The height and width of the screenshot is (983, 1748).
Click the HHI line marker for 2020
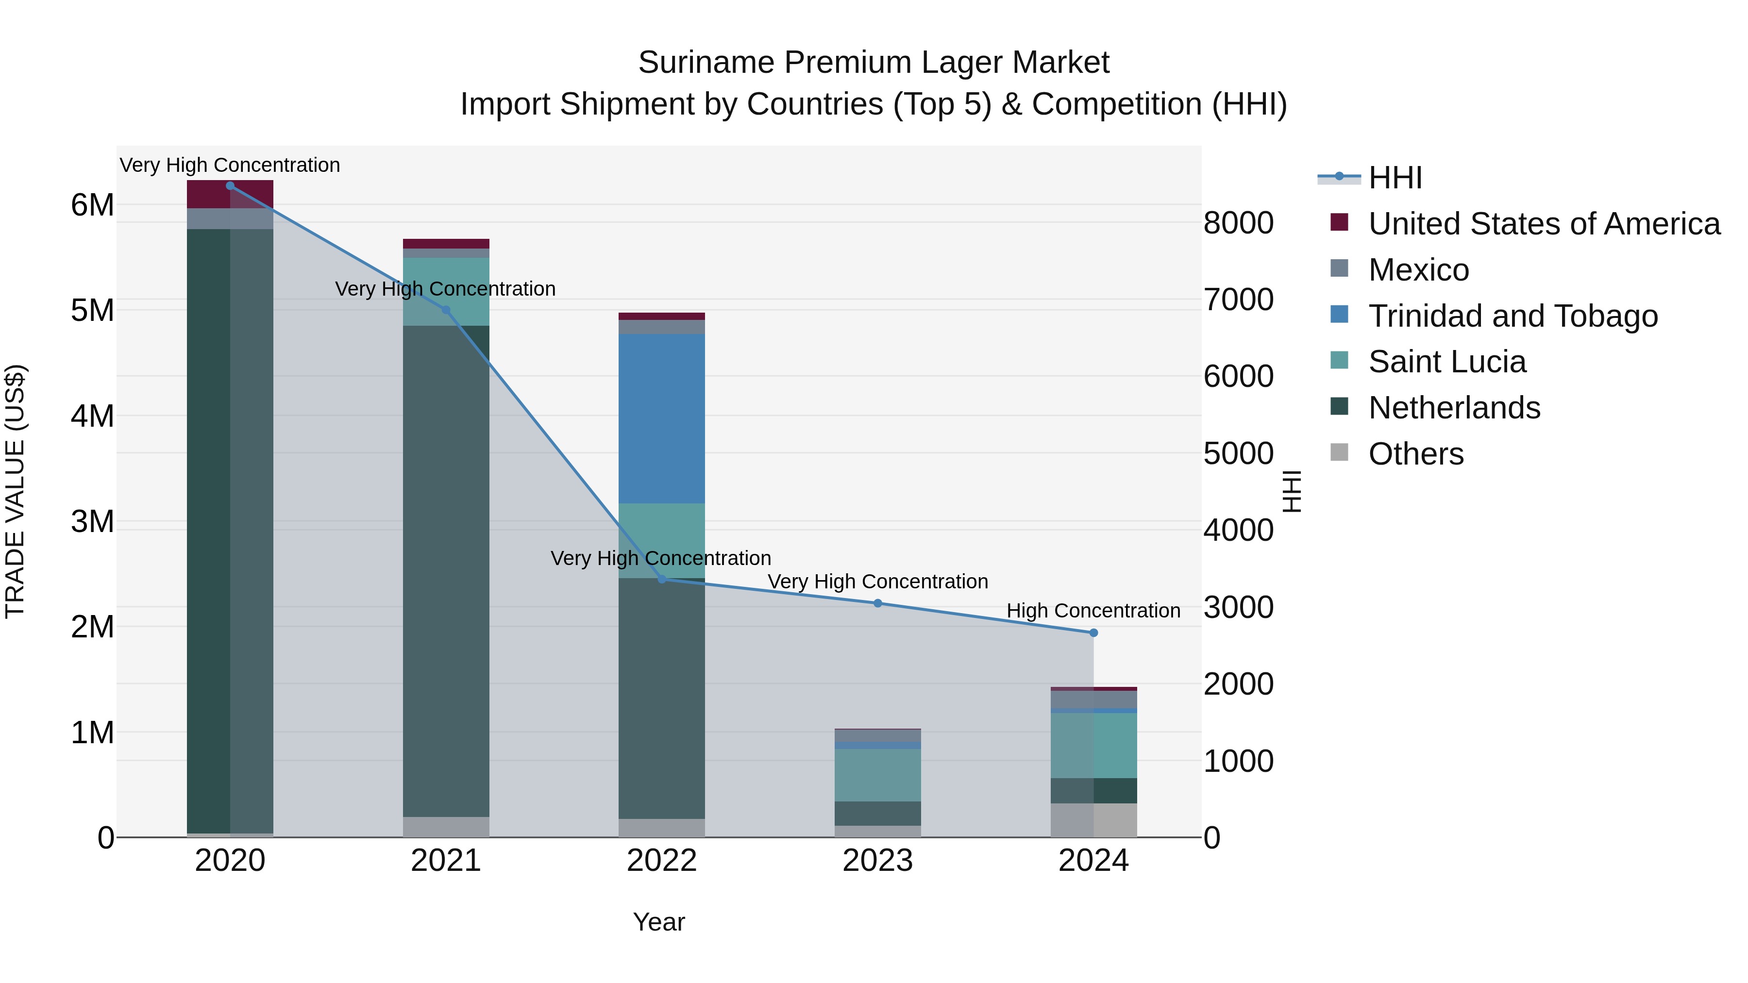230,186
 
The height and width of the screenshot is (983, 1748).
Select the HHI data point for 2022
662,579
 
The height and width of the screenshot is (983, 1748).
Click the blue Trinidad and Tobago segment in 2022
662,418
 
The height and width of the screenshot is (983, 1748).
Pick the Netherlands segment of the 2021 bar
446,570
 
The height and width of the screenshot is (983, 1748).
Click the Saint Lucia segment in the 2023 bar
877,775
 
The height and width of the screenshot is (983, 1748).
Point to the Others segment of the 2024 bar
1093,820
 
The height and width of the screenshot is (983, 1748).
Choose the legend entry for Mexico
1418,270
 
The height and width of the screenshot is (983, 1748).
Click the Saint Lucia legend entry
1447,362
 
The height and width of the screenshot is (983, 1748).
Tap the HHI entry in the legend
1395,178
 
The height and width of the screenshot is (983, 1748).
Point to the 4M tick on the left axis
92,416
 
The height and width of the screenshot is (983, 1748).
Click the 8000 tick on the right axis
1238,223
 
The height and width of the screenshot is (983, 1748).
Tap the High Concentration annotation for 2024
1093,611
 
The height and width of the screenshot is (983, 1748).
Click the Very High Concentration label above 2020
230,165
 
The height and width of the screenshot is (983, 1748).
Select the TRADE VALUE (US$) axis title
15,491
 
